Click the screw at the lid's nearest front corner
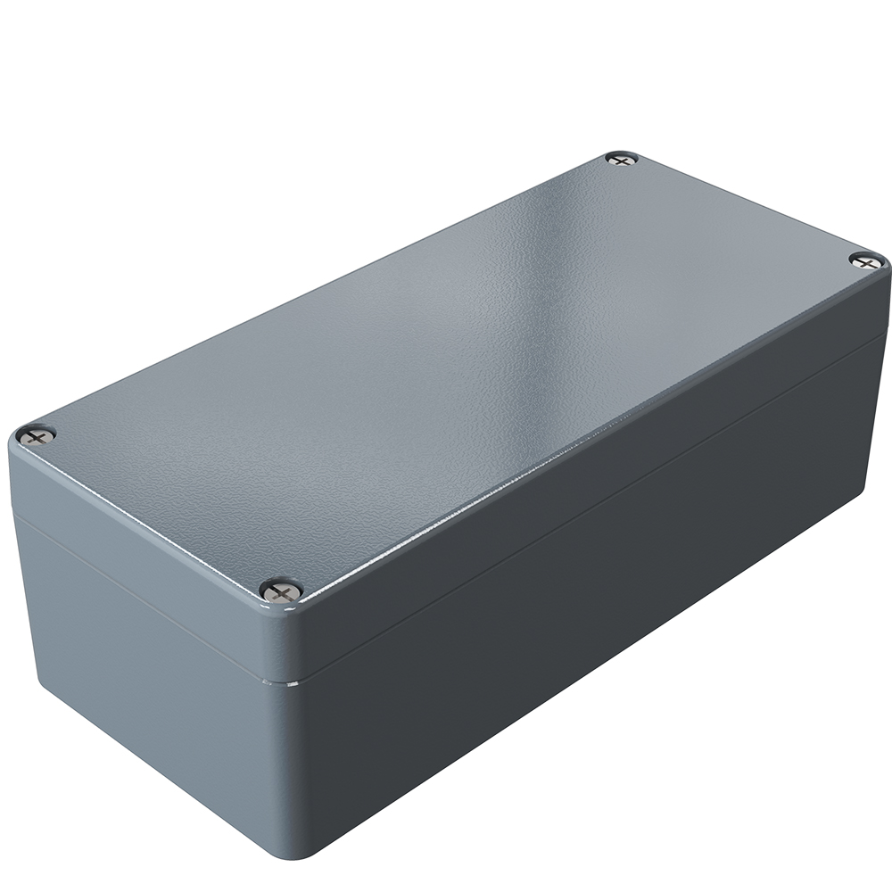[x=282, y=590]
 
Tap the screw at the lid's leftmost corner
[x=37, y=435]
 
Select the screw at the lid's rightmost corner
[x=866, y=260]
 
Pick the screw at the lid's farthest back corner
[x=622, y=159]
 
